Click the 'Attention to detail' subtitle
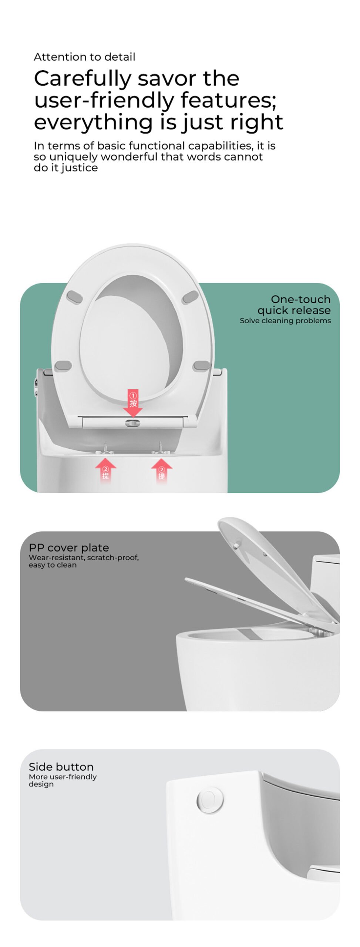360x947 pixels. point(84,57)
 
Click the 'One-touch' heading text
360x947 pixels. point(300,299)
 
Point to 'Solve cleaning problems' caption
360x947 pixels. point(285,321)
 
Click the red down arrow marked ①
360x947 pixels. point(133,403)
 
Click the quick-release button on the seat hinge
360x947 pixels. point(132,423)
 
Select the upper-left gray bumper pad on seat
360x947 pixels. point(74,297)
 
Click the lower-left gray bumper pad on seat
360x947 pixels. point(63,366)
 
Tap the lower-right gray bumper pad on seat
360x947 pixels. point(202,366)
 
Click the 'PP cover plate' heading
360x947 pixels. point(69,548)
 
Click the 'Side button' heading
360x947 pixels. point(61,767)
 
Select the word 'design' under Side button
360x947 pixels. point(41,785)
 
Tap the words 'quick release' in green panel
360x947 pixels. point(294,310)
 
